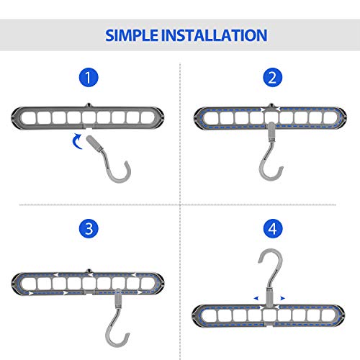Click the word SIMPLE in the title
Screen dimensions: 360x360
point(135,35)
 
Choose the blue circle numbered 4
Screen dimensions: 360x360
point(271,229)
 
